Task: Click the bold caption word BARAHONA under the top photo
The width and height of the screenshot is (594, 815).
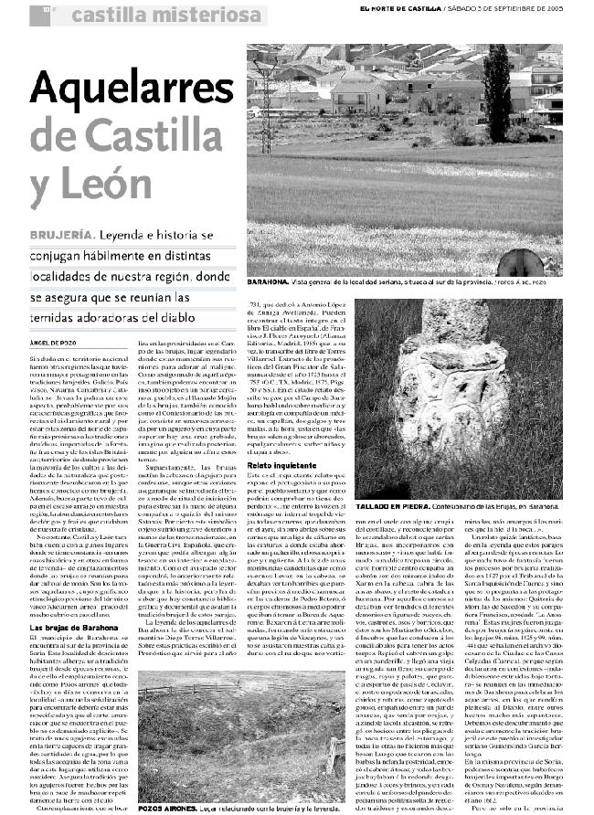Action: click(270, 284)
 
